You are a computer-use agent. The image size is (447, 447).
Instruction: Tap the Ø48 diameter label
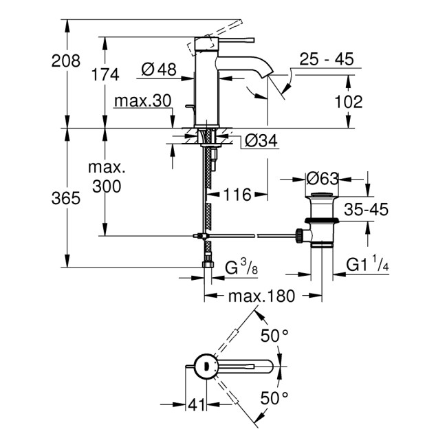tap(159, 69)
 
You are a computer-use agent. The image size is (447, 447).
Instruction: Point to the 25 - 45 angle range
tap(327, 61)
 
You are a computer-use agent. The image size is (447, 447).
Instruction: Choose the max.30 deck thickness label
tap(142, 101)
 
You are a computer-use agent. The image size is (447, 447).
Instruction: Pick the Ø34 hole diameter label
tap(261, 142)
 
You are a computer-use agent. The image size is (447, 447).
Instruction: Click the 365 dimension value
tap(67, 198)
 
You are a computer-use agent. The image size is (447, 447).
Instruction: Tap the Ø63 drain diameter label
tap(322, 179)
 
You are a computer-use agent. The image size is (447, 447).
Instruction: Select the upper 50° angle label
tap(274, 336)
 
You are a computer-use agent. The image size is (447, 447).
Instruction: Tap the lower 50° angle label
tap(274, 397)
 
